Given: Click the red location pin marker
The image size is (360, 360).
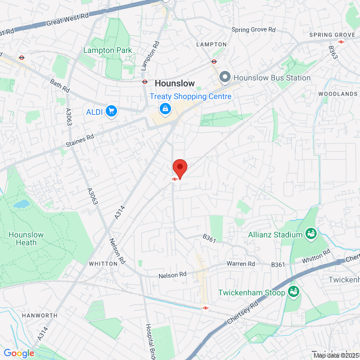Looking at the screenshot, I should pos(179,168).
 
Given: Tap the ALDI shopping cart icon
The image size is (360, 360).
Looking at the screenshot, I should pos(111,111).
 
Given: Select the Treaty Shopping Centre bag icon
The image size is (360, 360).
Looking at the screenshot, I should pos(165,108).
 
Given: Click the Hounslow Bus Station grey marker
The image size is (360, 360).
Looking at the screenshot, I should pos(225,77).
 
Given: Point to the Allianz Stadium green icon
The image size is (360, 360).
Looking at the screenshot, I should pos(310,233).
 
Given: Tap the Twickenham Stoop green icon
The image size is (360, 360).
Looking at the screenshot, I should pos(292,291).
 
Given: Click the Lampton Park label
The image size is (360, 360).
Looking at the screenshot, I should pos(107,51).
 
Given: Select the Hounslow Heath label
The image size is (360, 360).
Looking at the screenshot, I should pos(22,238).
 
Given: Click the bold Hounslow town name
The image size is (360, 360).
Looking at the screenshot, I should pos(174,83).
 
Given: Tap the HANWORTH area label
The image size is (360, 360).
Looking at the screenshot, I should pos(39,316).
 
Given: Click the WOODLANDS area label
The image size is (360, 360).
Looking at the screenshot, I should pos(337,94).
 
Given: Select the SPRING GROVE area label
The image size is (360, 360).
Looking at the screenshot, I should pos(332,35).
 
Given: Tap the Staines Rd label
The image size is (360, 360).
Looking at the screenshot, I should pos(79,139).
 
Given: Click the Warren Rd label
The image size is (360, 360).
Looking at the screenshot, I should pos(241,263).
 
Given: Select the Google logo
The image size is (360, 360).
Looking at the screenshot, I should pos(19,353).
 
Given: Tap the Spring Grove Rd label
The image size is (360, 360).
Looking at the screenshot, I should pos(254,30).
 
